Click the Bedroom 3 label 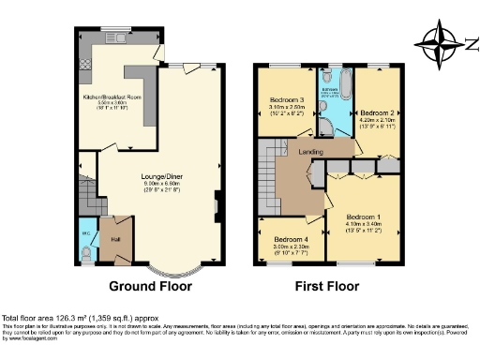click(287, 99)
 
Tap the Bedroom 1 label click(361, 217)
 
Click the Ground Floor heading click(151, 286)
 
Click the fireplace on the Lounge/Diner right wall click(217, 202)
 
